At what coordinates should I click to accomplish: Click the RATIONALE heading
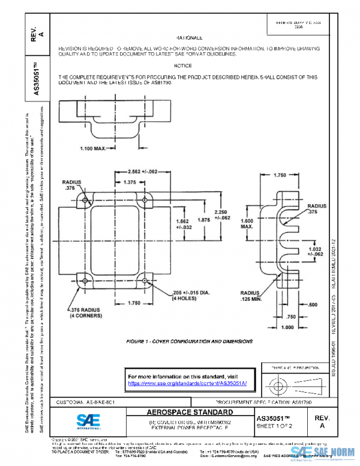pyautogui.click(x=190, y=37)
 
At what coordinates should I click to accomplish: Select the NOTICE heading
pyautogui.click(x=182, y=65)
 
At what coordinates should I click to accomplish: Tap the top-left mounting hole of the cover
pyautogui.click(x=85, y=201)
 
